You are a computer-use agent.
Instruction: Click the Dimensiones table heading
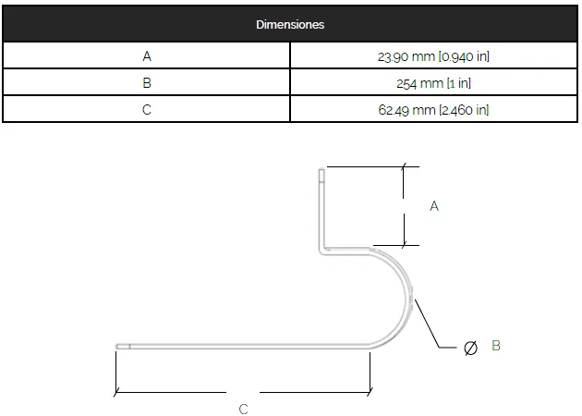click(x=290, y=25)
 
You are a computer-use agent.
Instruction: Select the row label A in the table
click(x=147, y=56)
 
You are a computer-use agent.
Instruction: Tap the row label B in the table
click(x=147, y=83)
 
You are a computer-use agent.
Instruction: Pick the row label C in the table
click(x=147, y=110)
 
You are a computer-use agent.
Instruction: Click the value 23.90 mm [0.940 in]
click(x=433, y=56)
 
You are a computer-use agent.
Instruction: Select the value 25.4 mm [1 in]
click(x=433, y=83)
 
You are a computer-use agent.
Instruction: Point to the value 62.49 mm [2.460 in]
click(x=433, y=110)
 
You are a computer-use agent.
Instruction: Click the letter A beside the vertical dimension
click(x=434, y=206)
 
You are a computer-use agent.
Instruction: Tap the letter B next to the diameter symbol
click(x=496, y=346)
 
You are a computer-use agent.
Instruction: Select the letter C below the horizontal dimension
click(x=244, y=409)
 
